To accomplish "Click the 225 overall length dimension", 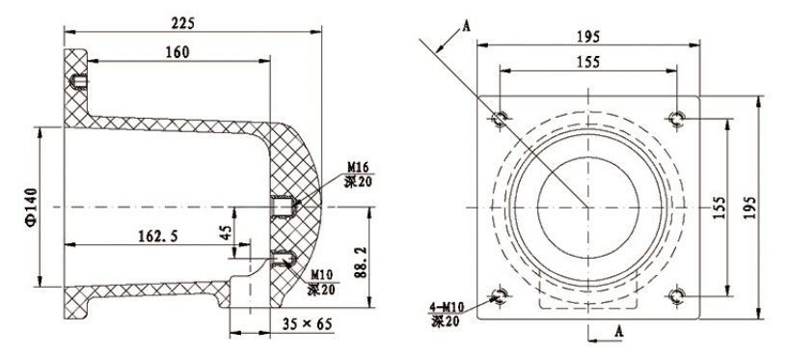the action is [x=182, y=23].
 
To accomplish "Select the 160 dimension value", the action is [x=177, y=52].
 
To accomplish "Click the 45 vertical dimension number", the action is [x=227, y=232].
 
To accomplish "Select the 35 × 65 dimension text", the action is [x=307, y=324].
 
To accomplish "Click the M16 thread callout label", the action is [x=358, y=167].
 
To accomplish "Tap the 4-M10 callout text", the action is [x=447, y=307].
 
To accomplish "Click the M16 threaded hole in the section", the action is [x=282, y=206].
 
